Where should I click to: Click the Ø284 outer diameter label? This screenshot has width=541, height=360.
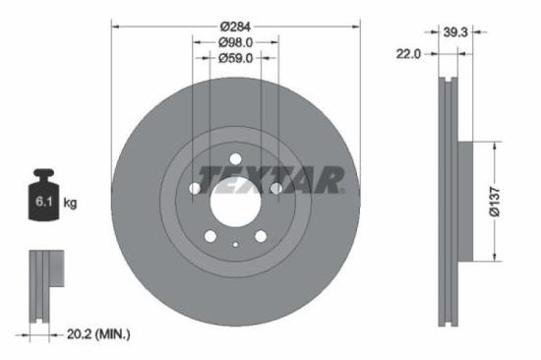click(x=235, y=25)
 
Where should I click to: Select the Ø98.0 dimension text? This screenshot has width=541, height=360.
click(x=235, y=41)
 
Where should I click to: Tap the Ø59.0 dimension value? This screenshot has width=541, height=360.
click(x=235, y=58)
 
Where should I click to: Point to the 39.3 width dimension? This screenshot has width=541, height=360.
click(x=454, y=32)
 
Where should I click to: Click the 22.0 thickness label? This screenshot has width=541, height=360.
click(x=408, y=54)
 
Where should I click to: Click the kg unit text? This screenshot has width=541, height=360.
click(x=71, y=204)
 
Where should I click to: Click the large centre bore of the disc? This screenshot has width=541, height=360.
click(x=235, y=203)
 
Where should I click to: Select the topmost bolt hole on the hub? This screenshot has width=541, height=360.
click(x=235, y=160)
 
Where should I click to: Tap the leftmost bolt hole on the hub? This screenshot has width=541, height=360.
click(x=195, y=189)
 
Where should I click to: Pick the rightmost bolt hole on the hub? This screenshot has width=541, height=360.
click(x=276, y=189)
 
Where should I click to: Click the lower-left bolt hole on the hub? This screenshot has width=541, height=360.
click(x=210, y=236)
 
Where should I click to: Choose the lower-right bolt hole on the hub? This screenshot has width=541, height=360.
click(x=261, y=236)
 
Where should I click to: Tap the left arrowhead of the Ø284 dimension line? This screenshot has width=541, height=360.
click(x=114, y=25)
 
